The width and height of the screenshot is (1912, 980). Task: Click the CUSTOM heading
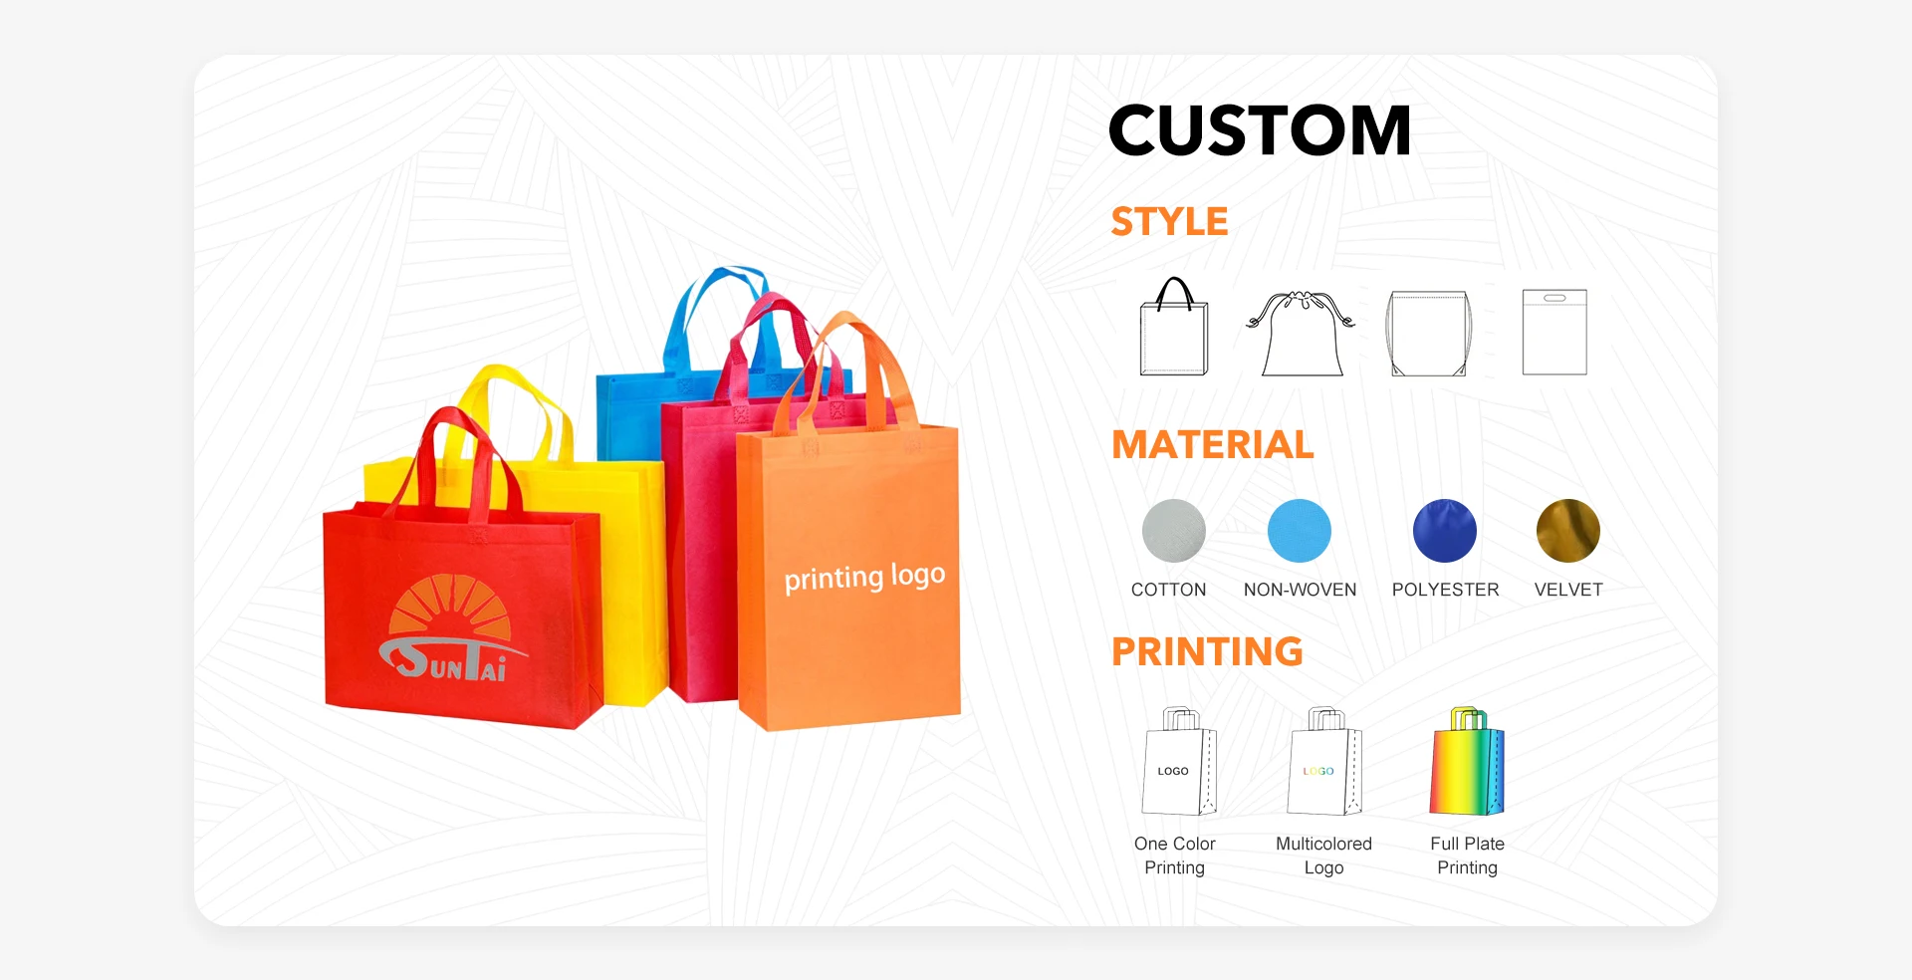pos(1260,130)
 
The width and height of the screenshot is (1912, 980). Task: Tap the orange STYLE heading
pos(1169,221)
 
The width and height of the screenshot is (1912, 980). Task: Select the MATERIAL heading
pos(1213,444)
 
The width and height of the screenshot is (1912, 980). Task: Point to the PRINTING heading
pos(1207,651)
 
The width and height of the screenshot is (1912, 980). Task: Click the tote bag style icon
pos(1174,327)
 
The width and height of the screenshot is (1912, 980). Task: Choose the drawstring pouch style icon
pos(1301,334)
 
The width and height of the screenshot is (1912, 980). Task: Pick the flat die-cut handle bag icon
pos(1554,333)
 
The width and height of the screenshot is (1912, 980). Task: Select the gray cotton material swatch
pos(1174,531)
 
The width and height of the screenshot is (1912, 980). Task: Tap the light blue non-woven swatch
pos(1300,531)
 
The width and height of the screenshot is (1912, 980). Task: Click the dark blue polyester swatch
pos(1445,531)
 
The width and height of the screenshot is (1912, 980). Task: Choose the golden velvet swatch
pos(1568,531)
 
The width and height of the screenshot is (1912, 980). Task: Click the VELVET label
pos(1568,590)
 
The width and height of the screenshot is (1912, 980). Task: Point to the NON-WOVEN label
pos(1300,590)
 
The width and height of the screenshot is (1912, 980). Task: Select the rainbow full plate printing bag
pos(1467,762)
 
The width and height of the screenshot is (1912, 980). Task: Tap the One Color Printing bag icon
pos(1180,762)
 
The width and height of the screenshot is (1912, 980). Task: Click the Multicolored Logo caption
pos(1324,856)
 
